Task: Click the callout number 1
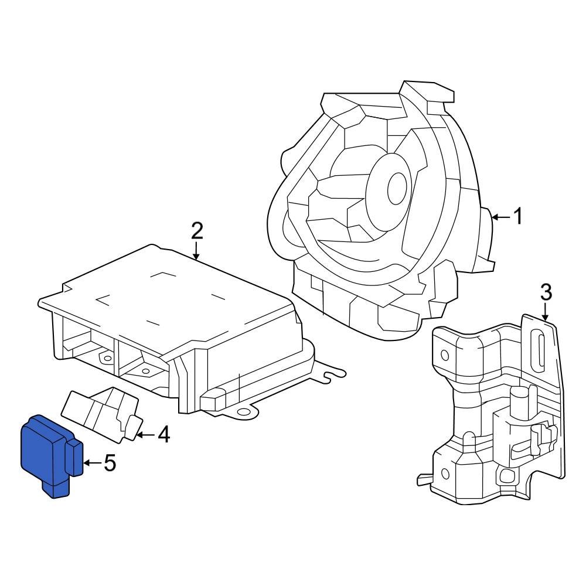click(517, 217)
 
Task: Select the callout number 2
click(197, 231)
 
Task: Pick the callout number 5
click(110, 464)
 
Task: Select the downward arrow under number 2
click(197, 252)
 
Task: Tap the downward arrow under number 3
click(546, 311)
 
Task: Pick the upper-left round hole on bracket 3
click(445, 354)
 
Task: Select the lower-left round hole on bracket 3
click(445, 473)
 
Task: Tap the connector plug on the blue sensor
click(76, 459)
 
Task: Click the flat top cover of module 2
click(170, 293)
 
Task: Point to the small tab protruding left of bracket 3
click(423, 479)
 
